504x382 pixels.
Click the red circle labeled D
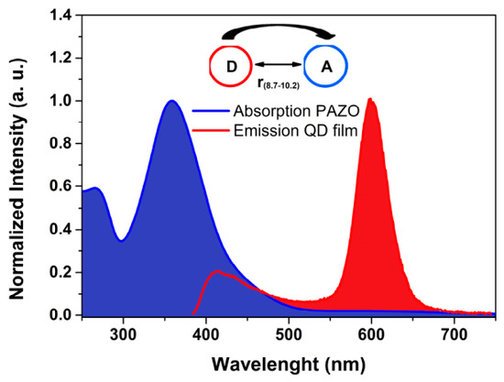(x=210, y=66)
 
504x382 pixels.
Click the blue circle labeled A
(x=304, y=66)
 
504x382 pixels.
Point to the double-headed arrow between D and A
(x=279, y=64)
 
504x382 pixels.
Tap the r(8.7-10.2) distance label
(x=279, y=83)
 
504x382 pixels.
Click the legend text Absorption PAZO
(x=296, y=112)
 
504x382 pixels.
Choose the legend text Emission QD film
(x=296, y=131)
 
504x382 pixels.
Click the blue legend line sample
(x=211, y=111)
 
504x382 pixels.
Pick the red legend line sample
(x=211, y=130)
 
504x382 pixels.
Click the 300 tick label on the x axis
(x=123, y=334)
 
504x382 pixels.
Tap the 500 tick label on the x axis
(x=289, y=334)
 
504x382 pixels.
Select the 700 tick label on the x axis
(x=454, y=334)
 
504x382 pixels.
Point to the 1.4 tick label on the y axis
(x=60, y=16)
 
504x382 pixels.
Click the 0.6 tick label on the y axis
(x=60, y=187)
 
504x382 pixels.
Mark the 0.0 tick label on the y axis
(x=60, y=315)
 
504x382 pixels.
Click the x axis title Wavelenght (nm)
(x=289, y=365)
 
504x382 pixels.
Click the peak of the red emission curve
(x=370, y=98)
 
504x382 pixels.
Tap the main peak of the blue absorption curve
(x=172, y=101)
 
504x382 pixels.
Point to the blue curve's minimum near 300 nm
(x=121, y=240)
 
